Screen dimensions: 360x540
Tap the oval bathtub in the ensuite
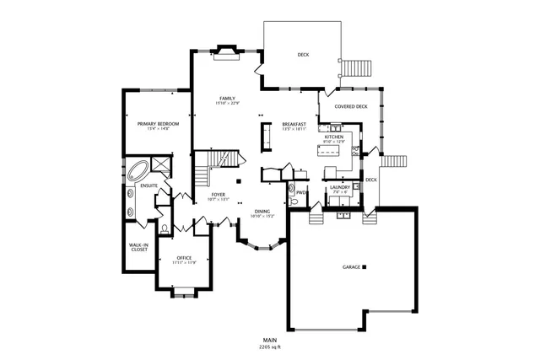pos(137,172)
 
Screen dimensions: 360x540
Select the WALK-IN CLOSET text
pos(139,248)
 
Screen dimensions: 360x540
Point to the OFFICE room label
pos(184,258)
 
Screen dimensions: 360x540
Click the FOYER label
pos(219,195)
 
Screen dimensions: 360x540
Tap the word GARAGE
pos(351,267)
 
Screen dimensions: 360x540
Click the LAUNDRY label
pos(340,187)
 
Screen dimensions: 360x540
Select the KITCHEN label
pos(335,137)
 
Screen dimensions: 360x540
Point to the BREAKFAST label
pos(294,124)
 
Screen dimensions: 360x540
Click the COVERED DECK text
pos(350,107)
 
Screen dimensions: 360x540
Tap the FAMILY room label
pos(227,98)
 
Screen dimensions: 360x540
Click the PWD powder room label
pos(300,192)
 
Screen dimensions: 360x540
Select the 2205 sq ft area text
pos(270,347)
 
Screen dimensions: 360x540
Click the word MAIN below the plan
pos(270,340)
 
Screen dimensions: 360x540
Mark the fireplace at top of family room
pos(228,52)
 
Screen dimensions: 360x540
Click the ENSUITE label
pos(149,185)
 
